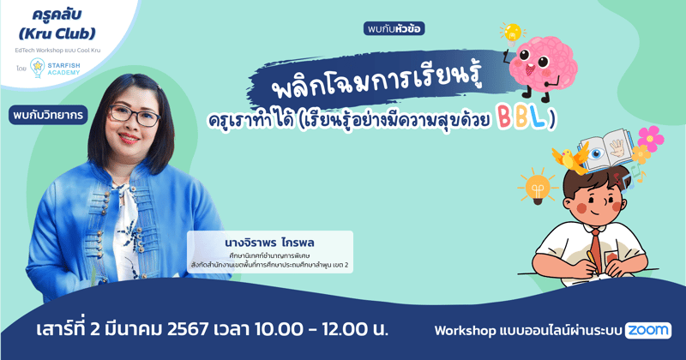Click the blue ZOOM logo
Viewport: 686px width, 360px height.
pos(648,330)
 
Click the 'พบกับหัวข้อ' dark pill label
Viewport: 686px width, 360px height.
pos(394,28)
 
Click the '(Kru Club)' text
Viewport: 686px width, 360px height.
pos(56,34)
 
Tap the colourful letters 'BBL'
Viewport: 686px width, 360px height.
pos(517,118)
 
